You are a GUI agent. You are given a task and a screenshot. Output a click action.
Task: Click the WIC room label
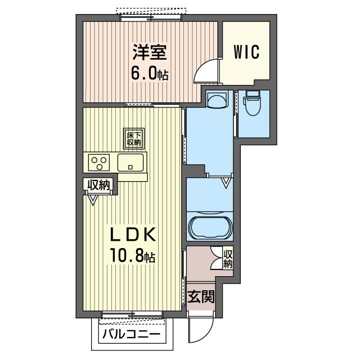246,52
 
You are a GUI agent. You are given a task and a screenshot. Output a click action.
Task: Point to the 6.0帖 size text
150,73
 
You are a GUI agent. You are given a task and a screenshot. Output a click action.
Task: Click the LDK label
133,234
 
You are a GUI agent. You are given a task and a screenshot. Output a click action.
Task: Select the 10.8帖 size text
133,255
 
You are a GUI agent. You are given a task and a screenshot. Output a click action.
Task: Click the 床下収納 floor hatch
134,139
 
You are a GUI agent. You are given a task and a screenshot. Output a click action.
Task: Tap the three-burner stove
99,163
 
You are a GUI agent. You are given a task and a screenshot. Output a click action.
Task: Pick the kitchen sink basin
130,163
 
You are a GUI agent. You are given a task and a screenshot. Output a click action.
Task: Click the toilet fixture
253,103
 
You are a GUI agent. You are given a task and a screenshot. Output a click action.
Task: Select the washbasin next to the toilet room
217,99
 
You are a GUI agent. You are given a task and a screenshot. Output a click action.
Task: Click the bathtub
210,227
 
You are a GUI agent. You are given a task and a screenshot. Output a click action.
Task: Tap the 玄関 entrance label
201,296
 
